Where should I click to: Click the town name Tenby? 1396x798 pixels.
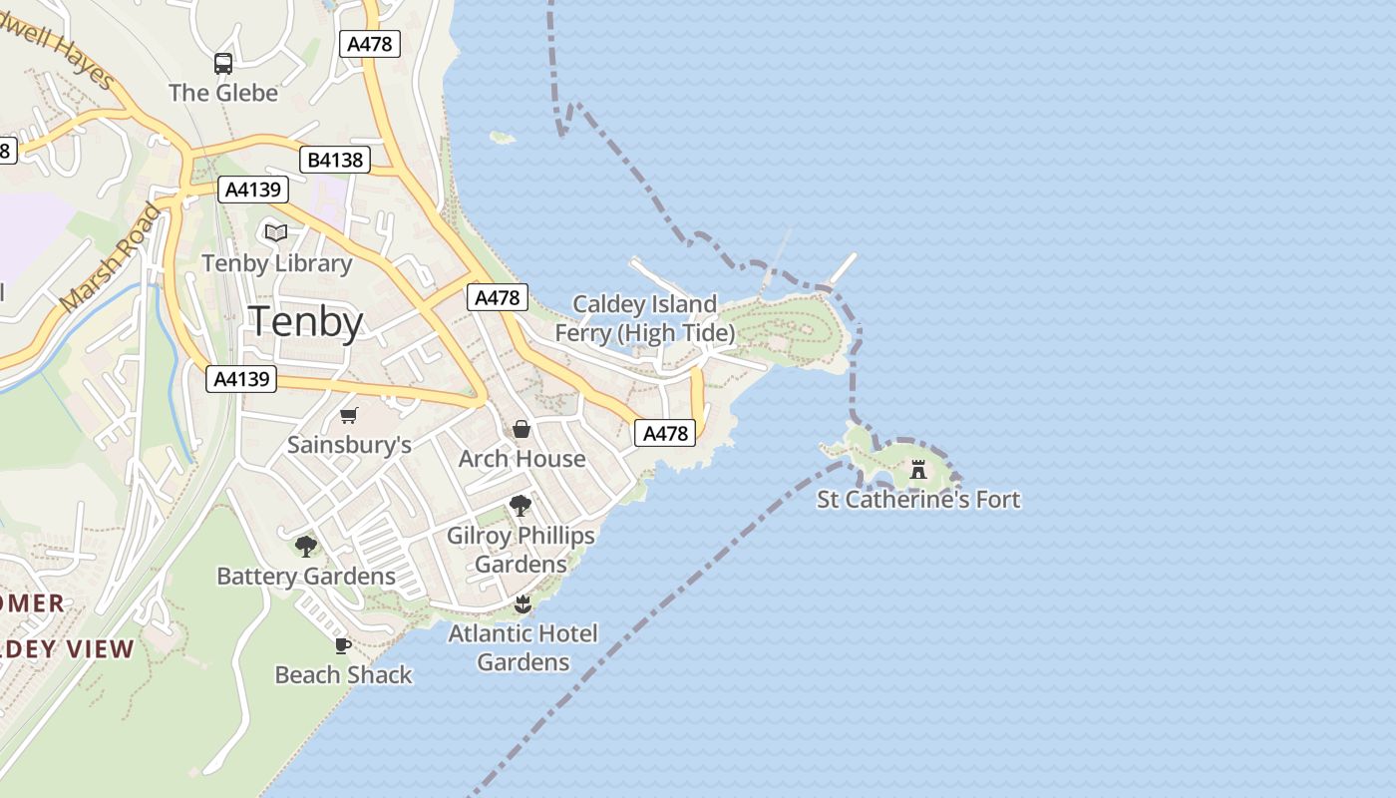(305, 322)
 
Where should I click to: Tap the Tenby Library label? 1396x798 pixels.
(276, 263)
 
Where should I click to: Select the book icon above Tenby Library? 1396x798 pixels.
(276, 233)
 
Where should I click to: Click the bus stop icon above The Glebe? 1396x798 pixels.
(223, 64)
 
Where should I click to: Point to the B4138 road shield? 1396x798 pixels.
(335, 160)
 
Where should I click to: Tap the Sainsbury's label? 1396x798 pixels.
(349, 445)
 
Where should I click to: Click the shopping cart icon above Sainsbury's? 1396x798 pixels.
(348, 415)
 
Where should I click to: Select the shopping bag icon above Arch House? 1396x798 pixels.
(521, 429)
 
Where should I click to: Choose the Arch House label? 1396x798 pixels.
(522, 459)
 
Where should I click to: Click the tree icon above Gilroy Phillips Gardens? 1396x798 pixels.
(520, 506)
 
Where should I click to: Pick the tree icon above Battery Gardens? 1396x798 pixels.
(306, 547)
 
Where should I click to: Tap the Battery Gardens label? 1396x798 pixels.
(306, 577)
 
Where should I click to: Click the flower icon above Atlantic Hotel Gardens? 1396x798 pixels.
(522, 604)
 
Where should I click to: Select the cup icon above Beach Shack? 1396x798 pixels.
(342, 645)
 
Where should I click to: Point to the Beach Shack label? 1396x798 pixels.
(343, 675)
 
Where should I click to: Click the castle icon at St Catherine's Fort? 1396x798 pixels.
(918, 469)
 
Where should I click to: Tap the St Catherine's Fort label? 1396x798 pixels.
(918, 499)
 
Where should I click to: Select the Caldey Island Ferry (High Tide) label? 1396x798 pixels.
(645, 318)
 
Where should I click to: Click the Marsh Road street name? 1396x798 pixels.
(110, 257)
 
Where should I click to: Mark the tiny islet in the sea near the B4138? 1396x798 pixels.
(502, 138)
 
